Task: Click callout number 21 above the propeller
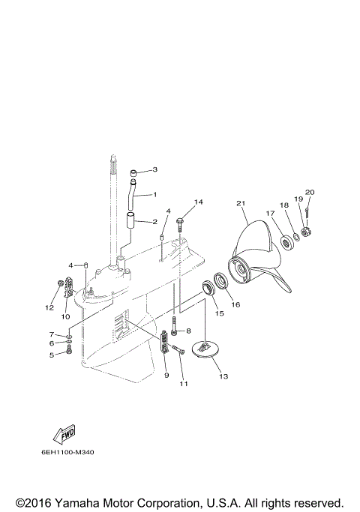pos(241,204)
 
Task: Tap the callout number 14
pos(199,202)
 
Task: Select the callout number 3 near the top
pos(154,170)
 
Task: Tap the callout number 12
pos(51,307)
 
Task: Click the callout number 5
pos(52,355)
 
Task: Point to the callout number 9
pos(166,375)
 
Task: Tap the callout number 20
pos(310,193)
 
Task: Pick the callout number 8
pos(188,330)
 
